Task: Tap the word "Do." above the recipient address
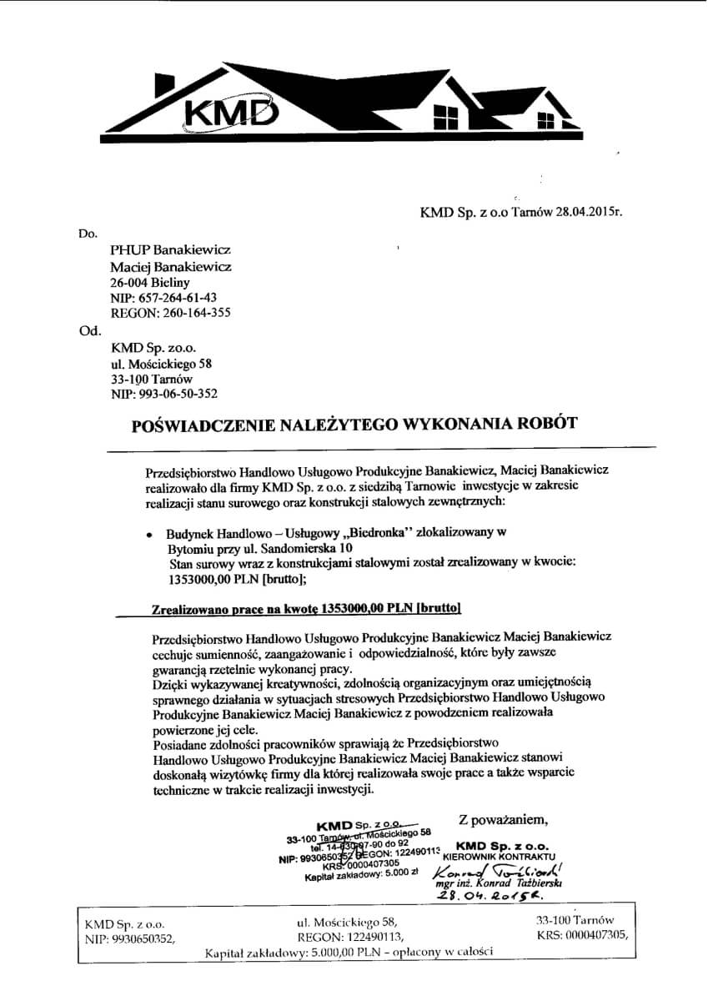(88, 233)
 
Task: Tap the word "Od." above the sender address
(88, 329)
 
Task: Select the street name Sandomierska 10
(309, 548)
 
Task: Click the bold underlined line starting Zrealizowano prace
(306, 608)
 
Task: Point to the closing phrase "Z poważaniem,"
(504, 817)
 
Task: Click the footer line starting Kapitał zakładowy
(349, 952)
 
